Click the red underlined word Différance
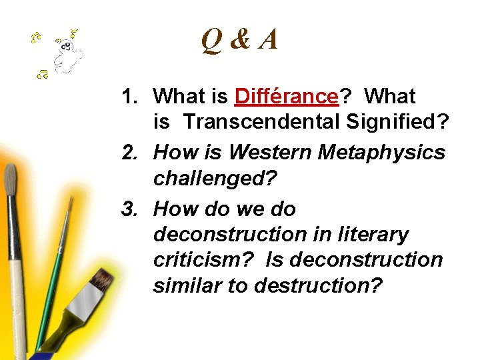pyautogui.click(x=287, y=97)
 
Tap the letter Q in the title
pyautogui.click(x=213, y=41)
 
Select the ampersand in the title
pyautogui.click(x=240, y=41)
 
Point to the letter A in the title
pyautogui.click(x=268, y=41)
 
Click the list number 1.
pyautogui.click(x=129, y=97)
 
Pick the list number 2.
pyautogui.click(x=129, y=153)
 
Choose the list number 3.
pyautogui.click(x=129, y=209)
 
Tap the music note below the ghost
pyautogui.click(x=42, y=74)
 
